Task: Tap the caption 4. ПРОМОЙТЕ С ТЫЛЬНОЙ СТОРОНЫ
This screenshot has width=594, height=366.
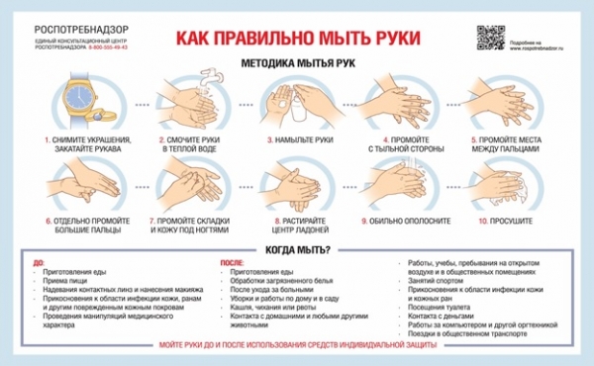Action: click(404, 145)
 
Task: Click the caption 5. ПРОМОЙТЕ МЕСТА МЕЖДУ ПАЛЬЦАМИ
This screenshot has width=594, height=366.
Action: click(511, 145)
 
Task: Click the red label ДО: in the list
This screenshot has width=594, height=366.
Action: click(39, 262)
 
